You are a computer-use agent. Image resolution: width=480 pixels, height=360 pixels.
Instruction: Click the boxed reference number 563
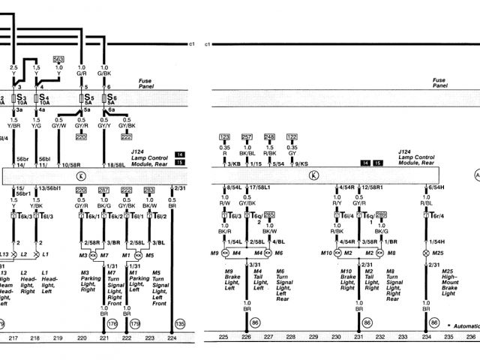(x=59, y=58)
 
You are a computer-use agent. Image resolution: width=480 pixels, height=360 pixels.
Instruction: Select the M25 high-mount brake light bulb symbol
(x=427, y=255)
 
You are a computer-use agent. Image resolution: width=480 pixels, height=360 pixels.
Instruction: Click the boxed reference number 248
(x=269, y=136)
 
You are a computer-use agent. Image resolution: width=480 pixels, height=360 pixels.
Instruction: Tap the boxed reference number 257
(x=247, y=136)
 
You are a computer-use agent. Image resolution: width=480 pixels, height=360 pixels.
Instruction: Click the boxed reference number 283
(x=149, y=190)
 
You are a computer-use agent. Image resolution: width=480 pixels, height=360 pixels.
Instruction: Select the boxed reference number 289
(x=382, y=214)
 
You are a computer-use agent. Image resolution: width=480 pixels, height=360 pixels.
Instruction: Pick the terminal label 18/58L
(x=115, y=163)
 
